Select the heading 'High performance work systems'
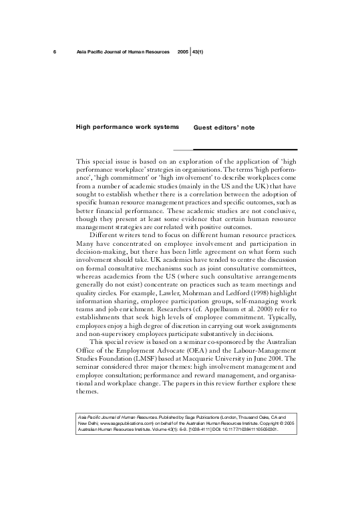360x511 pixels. pyautogui.click(x=128, y=126)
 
